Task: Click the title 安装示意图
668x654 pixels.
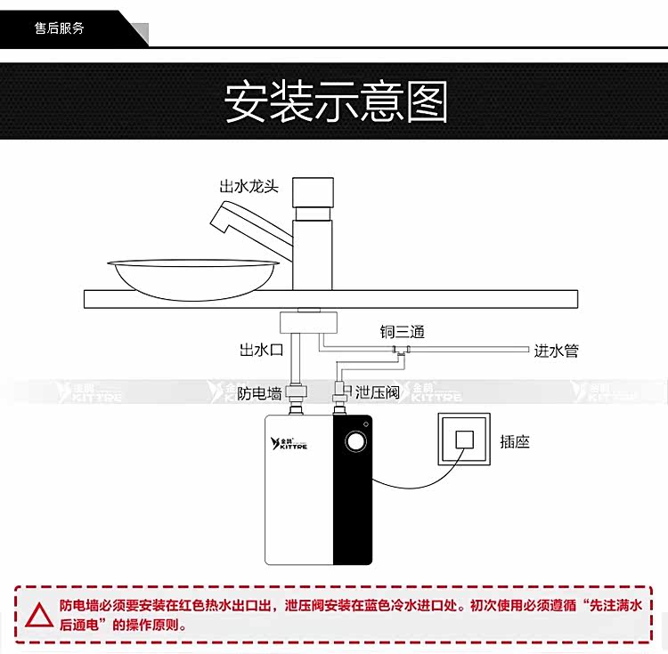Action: [335, 102]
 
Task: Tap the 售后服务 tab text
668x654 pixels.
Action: [61, 28]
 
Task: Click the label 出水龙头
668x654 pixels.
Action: [249, 187]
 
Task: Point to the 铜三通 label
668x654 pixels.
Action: [402, 333]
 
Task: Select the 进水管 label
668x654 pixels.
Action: [556, 351]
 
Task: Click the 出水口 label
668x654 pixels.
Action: [261, 350]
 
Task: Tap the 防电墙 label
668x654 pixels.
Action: [260, 392]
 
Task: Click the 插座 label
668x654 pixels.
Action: [515, 441]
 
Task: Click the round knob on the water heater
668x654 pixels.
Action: [355, 440]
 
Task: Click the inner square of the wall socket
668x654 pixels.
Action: [463, 440]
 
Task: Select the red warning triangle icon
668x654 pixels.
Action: [37, 614]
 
